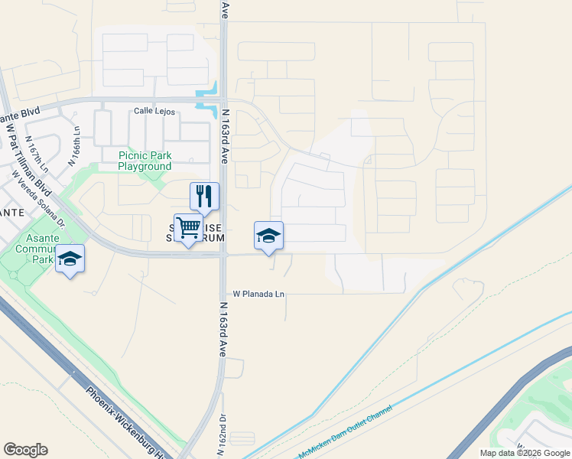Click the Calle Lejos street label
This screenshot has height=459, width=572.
tap(154, 112)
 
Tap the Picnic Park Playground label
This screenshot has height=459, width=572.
tap(145, 161)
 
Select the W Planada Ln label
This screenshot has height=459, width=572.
tap(258, 294)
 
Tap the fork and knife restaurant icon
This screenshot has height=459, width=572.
tap(204, 196)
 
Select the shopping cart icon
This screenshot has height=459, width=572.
tap(188, 227)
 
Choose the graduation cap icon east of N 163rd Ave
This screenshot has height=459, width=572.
tap(268, 236)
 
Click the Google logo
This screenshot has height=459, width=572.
tap(25, 450)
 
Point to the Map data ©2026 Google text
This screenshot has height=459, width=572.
tap(525, 453)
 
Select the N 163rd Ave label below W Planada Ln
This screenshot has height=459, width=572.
tap(224, 330)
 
